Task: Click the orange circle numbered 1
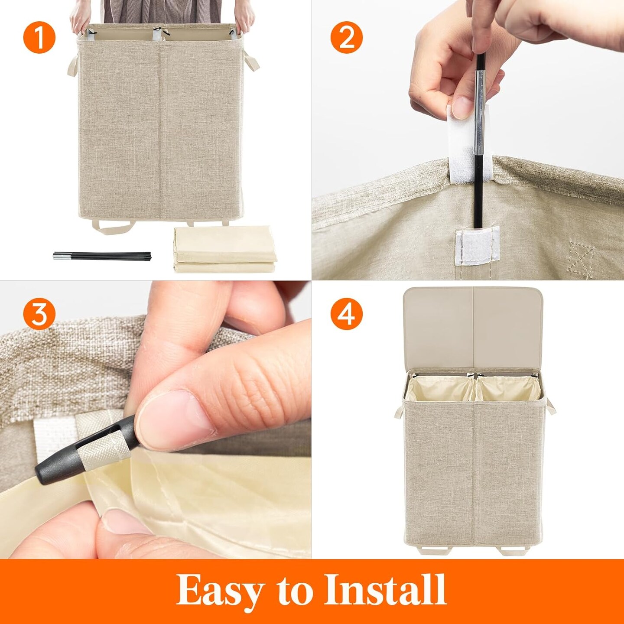coord(39,37)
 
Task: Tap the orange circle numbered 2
coord(347,37)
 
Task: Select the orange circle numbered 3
coord(39,313)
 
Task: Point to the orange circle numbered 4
coord(347,313)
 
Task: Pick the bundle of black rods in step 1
coord(102,256)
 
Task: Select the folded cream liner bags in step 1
coord(225,249)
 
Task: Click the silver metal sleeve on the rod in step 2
coord(480,112)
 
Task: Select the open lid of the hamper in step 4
coord(473,328)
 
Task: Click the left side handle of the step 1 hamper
coord(73,66)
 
